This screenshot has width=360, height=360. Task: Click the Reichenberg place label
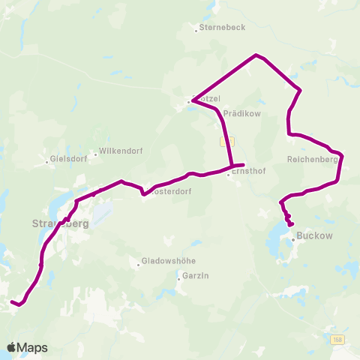[313, 159]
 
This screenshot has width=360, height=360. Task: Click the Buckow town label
[315, 235]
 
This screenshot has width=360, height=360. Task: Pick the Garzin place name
[194, 276]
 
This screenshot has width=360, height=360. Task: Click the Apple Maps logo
[27, 347]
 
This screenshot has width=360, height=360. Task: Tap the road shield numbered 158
[339, 340]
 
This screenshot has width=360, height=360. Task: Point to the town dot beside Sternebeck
[195, 28]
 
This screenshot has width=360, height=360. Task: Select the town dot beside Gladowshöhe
[139, 263]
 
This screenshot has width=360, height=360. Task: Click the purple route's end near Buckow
[291, 224]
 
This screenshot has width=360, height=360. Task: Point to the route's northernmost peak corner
[256, 55]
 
